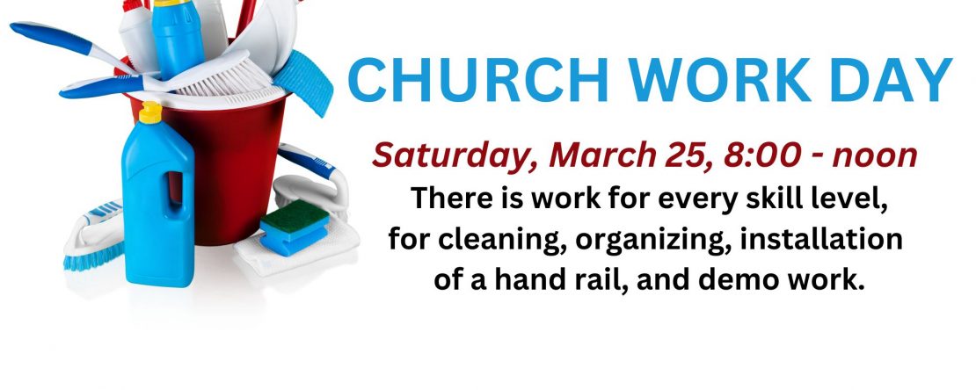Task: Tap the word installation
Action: [x=821, y=239]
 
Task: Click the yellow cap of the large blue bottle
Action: [x=150, y=112]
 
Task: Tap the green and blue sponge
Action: [x=295, y=227]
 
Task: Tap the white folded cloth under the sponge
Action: [x=297, y=251]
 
